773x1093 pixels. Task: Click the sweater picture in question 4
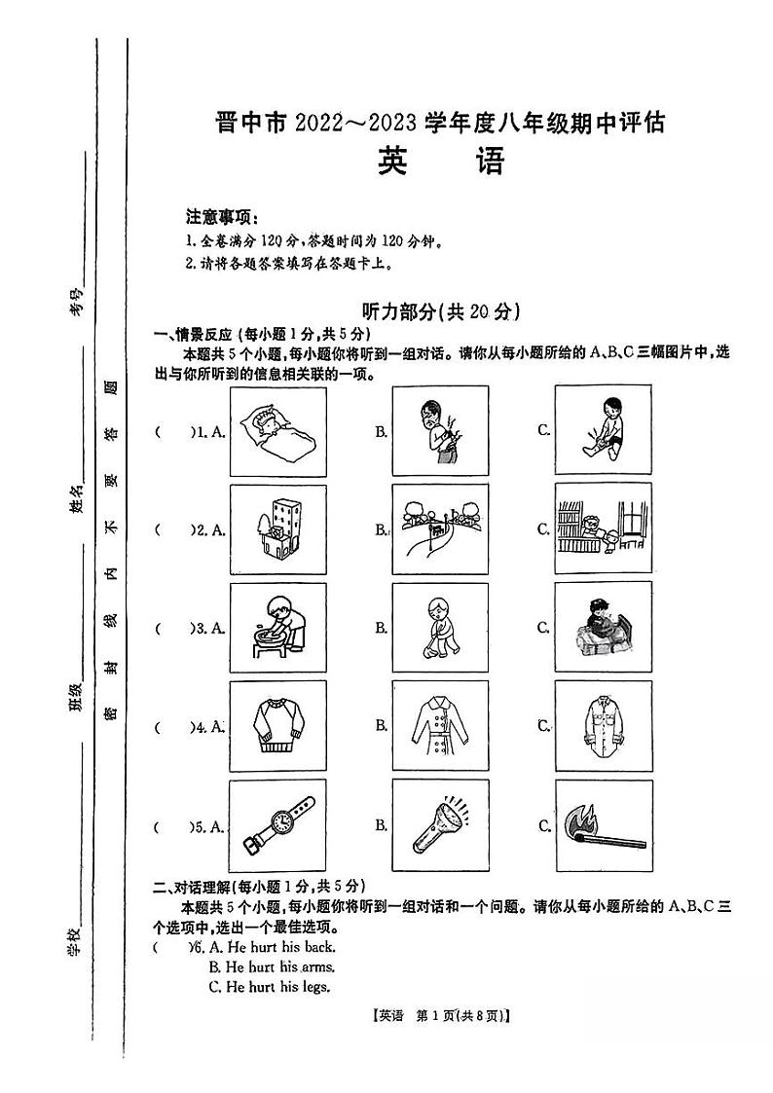coord(277,726)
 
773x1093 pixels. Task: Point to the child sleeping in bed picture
coord(277,431)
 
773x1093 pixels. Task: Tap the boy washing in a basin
coord(277,628)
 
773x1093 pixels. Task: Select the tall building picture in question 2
coord(277,529)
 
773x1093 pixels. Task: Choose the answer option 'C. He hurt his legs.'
coord(270,987)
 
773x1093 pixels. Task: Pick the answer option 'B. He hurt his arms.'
coord(272,966)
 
